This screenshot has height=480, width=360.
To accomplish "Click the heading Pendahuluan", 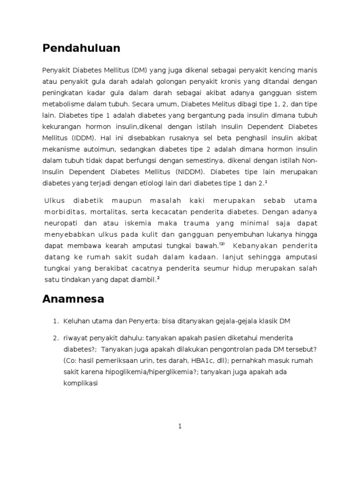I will point(81,48).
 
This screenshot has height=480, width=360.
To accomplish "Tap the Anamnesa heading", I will point(73,299).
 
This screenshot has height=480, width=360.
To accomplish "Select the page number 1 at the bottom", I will point(180,426).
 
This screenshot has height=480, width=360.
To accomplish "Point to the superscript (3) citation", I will point(222,244).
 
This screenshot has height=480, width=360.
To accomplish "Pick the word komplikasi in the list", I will point(80,383).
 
